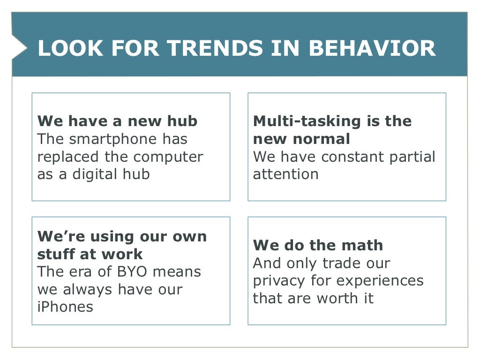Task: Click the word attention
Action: click(x=285, y=174)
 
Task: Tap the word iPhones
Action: click(x=65, y=307)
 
